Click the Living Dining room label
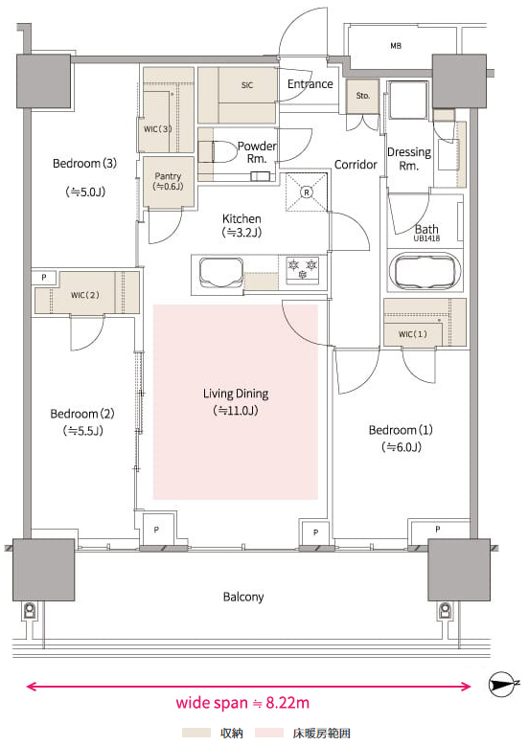[x=236, y=394]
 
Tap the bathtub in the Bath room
[x=425, y=271]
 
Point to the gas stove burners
[x=302, y=270]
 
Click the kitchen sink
[x=221, y=273]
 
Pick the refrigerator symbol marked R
[x=307, y=192]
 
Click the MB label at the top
[x=396, y=46]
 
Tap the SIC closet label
[x=246, y=85]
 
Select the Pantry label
[x=168, y=176]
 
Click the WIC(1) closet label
[x=412, y=334]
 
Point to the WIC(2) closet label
[x=84, y=295]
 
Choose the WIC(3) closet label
[x=157, y=129]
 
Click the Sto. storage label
[x=363, y=96]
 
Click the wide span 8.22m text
[x=242, y=703]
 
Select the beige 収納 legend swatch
[x=196, y=733]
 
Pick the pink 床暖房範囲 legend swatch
[x=269, y=733]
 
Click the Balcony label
[x=243, y=597]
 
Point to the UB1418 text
[x=426, y=238]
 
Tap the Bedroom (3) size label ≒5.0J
[x=85, y=192]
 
